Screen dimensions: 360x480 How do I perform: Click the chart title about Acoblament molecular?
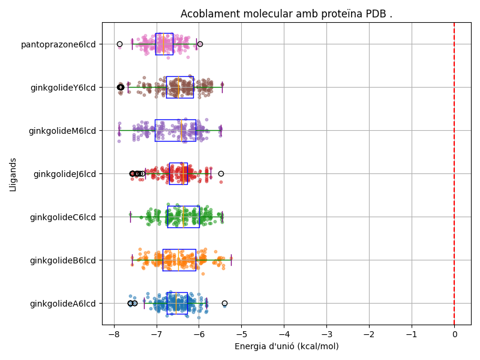286,14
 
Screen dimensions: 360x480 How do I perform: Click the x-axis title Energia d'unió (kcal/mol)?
286,346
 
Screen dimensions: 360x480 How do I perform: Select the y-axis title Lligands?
13,175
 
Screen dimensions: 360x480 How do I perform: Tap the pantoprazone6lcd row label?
58,44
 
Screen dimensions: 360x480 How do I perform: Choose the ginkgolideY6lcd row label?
63,88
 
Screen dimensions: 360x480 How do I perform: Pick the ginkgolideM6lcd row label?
62,131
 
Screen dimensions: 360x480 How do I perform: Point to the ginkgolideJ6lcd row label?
65,174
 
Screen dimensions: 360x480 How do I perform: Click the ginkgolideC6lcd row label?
63,217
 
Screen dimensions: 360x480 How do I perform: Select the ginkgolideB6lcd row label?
63,260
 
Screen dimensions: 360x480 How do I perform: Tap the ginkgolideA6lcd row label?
63,304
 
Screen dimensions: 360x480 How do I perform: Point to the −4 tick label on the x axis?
284,334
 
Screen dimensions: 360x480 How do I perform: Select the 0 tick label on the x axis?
454,334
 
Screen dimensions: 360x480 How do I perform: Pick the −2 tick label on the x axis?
369,334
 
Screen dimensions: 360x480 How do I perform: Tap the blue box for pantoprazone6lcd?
164,44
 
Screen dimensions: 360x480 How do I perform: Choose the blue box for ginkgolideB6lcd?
179,260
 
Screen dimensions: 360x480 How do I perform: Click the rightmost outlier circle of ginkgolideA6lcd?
224,304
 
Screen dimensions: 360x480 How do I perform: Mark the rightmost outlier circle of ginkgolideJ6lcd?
221,173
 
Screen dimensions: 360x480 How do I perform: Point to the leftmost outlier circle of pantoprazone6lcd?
119,44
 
